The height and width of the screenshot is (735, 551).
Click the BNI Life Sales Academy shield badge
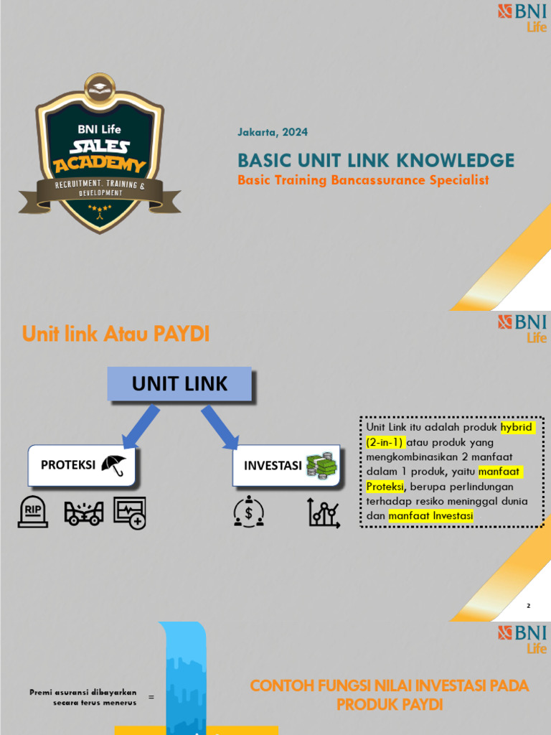tap(100, 154)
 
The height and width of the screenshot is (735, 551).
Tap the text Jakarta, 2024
tap(272, 132)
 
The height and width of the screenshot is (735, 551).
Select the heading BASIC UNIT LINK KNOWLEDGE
tap(376, 160)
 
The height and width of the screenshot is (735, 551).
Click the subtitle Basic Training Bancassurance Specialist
tap(363, 180)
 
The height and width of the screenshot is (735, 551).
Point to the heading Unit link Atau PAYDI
tap(116, 334)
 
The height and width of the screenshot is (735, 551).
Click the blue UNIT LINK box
tap(179, 384)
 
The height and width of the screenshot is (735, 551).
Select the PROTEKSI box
tap(82, 464)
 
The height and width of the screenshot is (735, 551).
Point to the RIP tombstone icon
tap(33, 512)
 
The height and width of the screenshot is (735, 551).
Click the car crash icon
tap(84, 512)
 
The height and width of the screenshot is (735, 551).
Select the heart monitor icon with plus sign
tap(129, 512)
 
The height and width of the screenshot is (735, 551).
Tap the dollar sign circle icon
tap(249, 512)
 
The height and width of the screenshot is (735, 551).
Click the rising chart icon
tap(324, 512)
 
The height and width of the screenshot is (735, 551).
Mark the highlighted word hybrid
tap(518, 428)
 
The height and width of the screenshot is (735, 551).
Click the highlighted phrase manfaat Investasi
tap(430, 515)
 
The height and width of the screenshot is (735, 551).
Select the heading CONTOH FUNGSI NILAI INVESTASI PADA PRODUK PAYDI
tap(390, 695)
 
